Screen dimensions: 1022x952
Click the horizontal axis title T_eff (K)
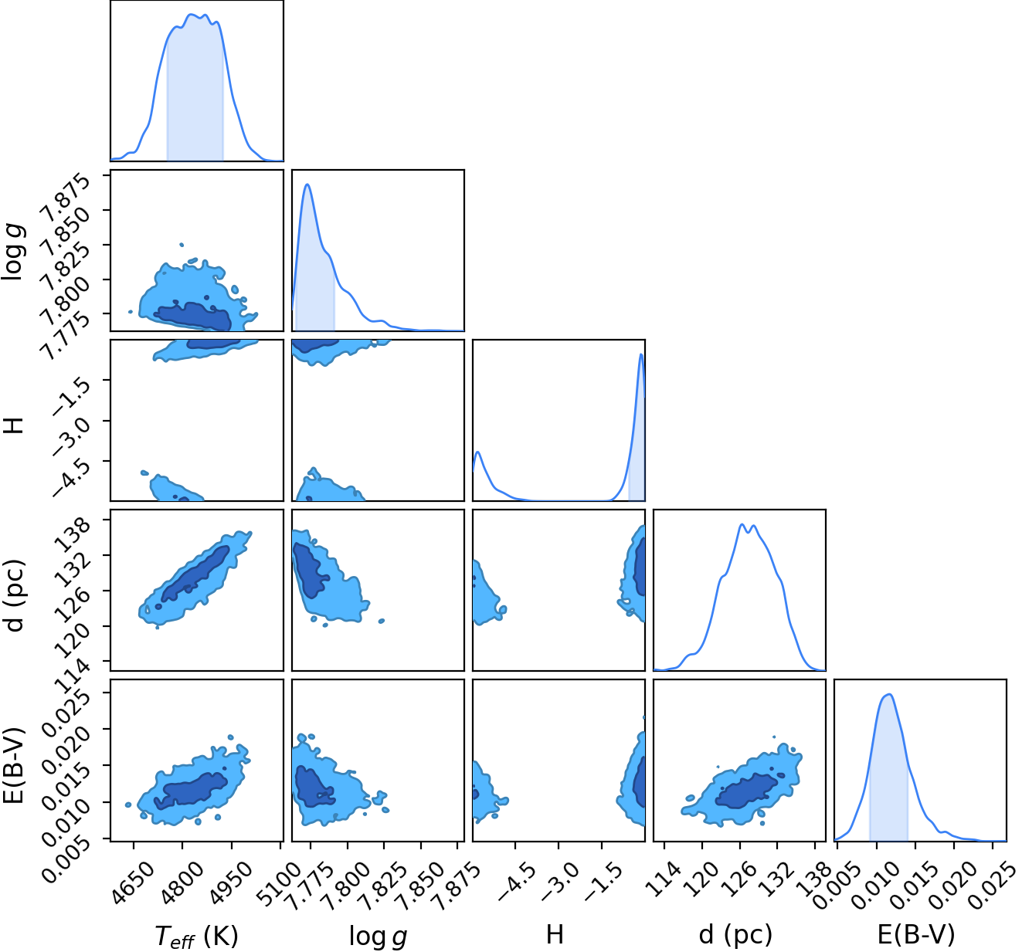196,935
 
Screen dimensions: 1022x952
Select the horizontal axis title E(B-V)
916,934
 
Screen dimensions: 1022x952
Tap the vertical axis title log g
14,252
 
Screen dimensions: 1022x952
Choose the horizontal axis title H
555,934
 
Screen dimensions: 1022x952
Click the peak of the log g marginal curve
307,185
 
